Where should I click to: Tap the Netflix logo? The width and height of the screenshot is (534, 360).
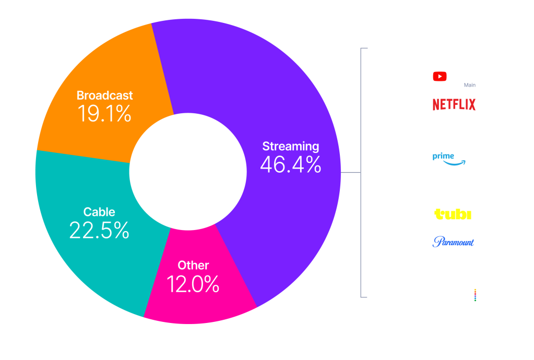(454, 104)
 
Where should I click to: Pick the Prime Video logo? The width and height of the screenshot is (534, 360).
(454, 158)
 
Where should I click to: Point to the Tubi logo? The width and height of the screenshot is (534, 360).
(453, 214)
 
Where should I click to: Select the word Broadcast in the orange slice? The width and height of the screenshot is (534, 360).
(104, 95)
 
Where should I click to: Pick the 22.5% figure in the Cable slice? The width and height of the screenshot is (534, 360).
(99, 230)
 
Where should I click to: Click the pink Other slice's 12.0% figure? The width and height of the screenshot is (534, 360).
(193, 284)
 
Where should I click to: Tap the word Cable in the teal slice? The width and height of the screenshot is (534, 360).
(99, 212)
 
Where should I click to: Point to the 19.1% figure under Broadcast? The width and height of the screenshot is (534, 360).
(104, 113)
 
